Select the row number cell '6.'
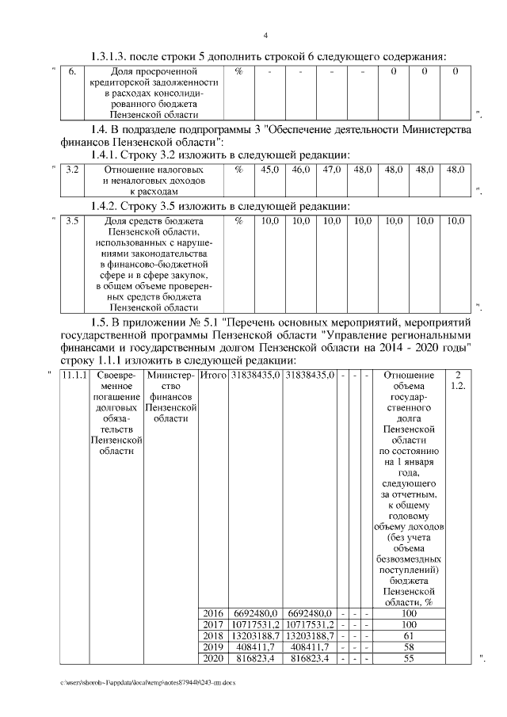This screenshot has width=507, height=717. [x=71, y=72]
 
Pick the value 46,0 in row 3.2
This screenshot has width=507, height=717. [x=301, y=169]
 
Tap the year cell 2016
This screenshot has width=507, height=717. [x=212, y=613]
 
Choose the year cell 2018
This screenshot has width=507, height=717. [x=212, y=635]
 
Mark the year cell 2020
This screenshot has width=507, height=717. [x=212, y=658]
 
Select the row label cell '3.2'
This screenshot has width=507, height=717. [x=71, y=169]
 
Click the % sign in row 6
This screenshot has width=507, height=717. [x=238, y=72]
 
